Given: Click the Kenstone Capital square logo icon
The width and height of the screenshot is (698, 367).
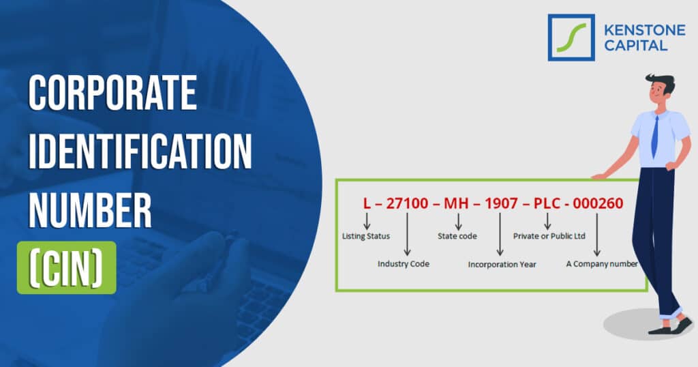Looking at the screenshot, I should pyautogui.click(x=571, y=38).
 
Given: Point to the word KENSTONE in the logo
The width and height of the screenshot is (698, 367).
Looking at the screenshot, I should pyautogui.click(x=633, y=30).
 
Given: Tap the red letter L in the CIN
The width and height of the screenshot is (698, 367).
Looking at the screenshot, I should pyautogui.click(x=367, y=203).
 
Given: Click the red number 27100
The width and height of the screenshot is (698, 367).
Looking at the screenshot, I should pyautogui.click(x=407, y=203).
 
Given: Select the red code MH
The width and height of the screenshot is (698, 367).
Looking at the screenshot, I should pyautogui.click(x=457, y=203).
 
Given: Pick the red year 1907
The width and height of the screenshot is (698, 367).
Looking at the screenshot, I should pyautogui.click(x=501, y=203).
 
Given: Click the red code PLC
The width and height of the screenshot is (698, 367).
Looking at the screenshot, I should pyautogui.click(x=547, y=203).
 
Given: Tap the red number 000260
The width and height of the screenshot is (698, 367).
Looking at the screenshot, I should pyautogui.click(x=598, y=203).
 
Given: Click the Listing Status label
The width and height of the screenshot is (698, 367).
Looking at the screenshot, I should pyautogui.click(x=366, y=237).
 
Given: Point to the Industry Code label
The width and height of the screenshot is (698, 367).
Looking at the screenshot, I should pyautogui.click(x=404, y=264).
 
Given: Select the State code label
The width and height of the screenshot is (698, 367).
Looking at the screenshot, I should pyautogui.click(x=457, y=237).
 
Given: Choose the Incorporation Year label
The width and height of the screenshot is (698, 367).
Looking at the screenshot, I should pyautogui.click(x=502, y=264).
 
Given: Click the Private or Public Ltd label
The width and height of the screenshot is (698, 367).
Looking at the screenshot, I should pyautogui.click(x=549, y=237).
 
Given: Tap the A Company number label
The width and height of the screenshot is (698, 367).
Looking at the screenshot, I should pyautogui.click(x=602, y=264).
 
